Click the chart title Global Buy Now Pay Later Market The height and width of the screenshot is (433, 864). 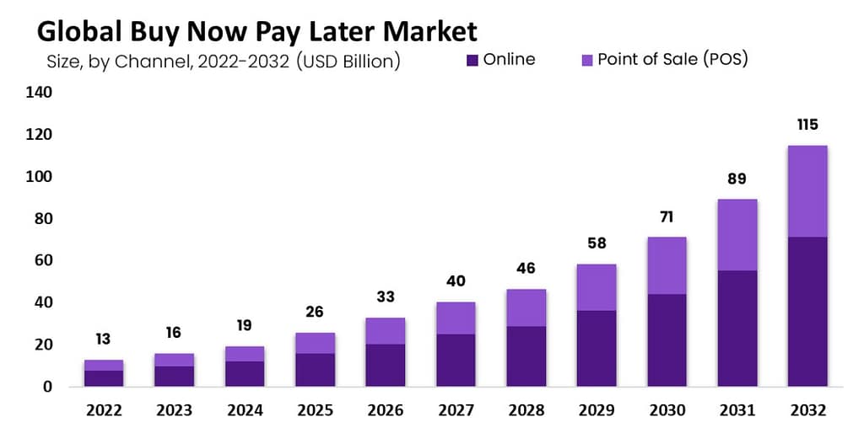(256, 31)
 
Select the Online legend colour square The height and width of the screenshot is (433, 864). (472, 60)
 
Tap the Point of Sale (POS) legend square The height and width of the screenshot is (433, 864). (587, 60)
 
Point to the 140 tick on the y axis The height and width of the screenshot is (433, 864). (39, 92)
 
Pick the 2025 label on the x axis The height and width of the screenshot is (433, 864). (316, 410)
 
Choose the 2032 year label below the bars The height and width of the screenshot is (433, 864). (807, 410)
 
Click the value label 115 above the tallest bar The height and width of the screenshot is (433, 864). (807, 125)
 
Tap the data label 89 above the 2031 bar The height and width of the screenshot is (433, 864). (737, 179)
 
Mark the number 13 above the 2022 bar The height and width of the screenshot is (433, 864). (104, 339)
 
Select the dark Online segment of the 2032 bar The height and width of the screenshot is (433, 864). (807, 312)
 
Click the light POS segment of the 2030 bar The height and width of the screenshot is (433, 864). (667, 265)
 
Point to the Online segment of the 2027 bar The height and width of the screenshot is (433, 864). (456, 361)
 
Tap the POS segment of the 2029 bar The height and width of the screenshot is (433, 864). (597, 287)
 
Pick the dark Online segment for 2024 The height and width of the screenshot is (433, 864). (245, 373)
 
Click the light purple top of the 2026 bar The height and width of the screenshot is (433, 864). (385, 331)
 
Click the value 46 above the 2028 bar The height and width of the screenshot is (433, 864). (526, 269)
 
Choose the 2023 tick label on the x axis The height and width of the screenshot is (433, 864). (174, 410)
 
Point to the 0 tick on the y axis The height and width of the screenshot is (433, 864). (47, 387)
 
